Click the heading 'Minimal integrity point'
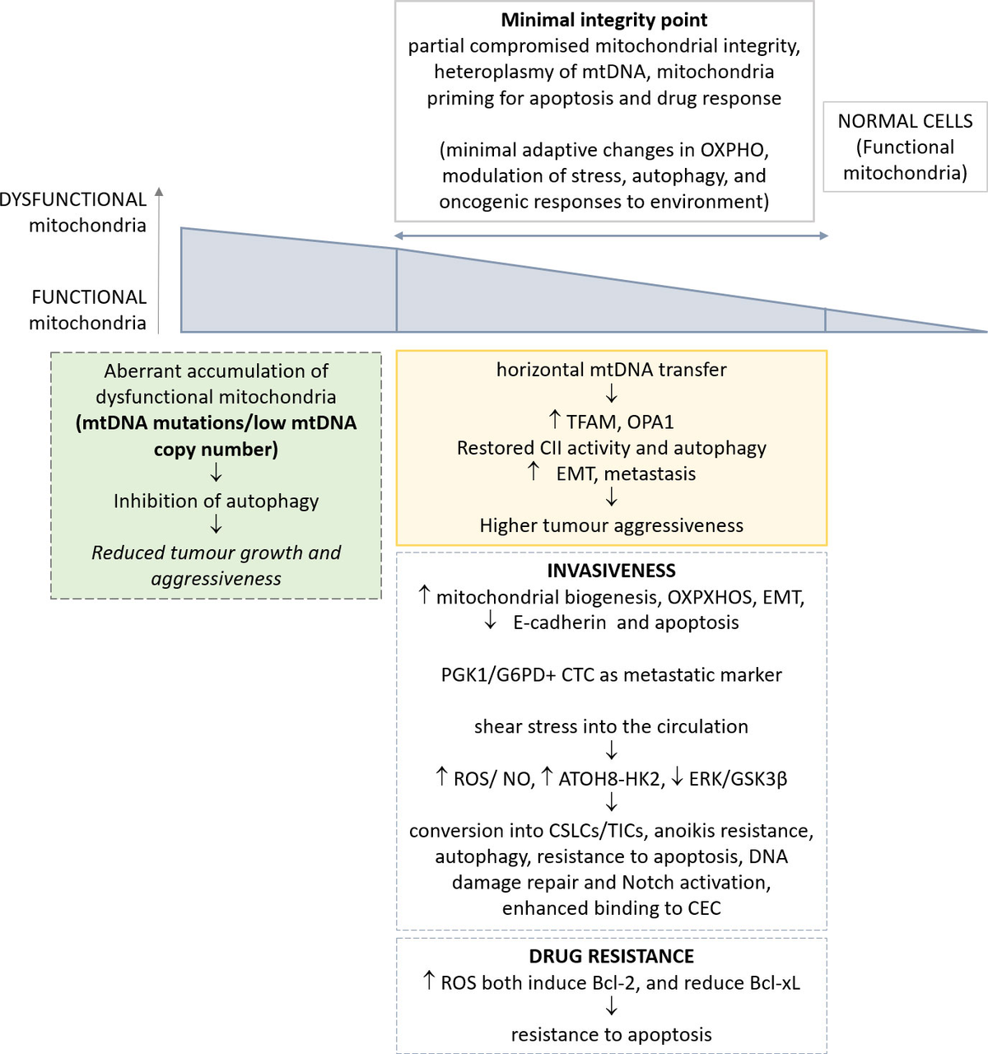[x=604, y=20]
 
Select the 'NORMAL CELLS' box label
[x=905, y=121]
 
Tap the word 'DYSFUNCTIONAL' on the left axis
[x=73, y=199]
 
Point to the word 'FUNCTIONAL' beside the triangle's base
[x=89, y=297]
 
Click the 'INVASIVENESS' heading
[x=611, y=571]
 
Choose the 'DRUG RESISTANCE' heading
[x=611, y=956]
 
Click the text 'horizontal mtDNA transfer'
[x=611, y=370]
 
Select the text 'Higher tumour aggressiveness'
[x=611, y=525]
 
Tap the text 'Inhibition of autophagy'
[x=216, y=501]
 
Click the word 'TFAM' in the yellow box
[x=590, y=422]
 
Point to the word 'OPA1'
[x=650, y=422]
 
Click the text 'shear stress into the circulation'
[x=611, y=726]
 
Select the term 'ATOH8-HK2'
[x=610, y=778]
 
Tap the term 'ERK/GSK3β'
[x=738, y=778]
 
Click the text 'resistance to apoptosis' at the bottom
[x=611, y=1034]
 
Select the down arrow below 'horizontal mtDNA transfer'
[x=611, y=395]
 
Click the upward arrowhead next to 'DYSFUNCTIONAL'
[x=159, y=192]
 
